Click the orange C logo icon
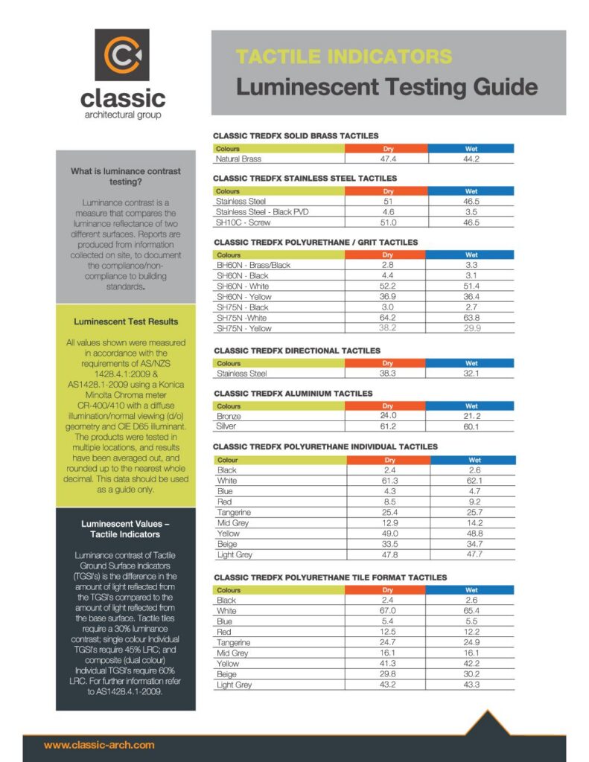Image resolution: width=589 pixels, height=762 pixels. tap(122, 54)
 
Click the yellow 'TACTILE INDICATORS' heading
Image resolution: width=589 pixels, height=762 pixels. tap(344, 57)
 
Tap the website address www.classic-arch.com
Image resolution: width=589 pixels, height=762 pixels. tap(99, 744)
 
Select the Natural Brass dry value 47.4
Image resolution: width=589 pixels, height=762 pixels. tap(388, 159)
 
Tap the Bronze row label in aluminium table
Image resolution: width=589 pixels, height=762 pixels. tap(229, 417)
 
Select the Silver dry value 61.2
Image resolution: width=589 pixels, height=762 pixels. tap(388, 427)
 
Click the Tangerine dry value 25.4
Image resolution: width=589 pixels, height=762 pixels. tap(389, 513)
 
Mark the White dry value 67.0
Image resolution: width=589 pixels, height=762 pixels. tap(389, 611)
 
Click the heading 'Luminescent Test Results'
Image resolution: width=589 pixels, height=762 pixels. tap(126, 322)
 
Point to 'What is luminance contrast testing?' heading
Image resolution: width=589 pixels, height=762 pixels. tap(126, 176)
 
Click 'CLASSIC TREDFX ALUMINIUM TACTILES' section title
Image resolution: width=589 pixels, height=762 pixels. tap(293, 394)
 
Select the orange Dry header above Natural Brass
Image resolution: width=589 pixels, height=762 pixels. tap(388, 149)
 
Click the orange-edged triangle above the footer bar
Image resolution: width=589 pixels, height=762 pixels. tap(488, 723)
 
